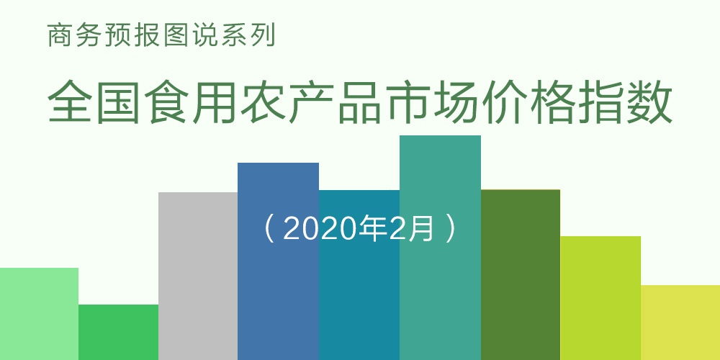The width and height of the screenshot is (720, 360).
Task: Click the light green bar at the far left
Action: (x=39, y=314)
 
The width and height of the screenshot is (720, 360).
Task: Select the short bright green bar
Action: (x=119, y=332)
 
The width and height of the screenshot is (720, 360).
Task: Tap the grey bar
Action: (x=198, y=276)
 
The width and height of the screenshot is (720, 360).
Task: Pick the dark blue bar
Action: (x=278, y=261)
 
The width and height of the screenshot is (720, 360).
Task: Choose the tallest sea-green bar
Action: (x=440, y=248)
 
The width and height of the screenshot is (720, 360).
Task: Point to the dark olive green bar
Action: (x=521, y=274)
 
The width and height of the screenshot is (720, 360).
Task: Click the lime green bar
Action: (x=600, y=298)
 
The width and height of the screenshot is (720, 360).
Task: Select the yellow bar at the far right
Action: (x=680, y=323)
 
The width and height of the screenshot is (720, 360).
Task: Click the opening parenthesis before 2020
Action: (x=269, y=229)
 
